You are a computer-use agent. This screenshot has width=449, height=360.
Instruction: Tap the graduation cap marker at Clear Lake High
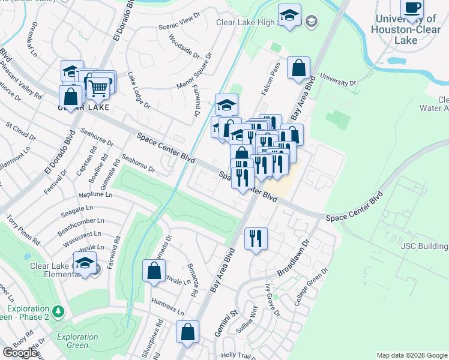[290, 16]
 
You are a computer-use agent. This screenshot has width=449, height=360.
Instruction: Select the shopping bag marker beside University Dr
[298, 68]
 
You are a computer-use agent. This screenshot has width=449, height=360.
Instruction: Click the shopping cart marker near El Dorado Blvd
[98, 88]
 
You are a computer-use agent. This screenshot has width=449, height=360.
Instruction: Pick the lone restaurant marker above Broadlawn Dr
[256, 239]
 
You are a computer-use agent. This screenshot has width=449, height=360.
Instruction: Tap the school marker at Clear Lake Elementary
[85, 264]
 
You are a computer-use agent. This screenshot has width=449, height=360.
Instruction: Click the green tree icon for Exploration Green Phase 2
[58, 311]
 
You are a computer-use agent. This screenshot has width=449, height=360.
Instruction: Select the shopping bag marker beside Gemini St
[188, 332]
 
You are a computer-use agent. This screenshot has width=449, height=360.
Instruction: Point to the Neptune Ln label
[96, 195]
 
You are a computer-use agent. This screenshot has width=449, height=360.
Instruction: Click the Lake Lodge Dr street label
[139, 91]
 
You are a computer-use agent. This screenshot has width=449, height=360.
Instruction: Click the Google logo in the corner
[20, 353]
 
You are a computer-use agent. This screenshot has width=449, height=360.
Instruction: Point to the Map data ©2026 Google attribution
[412, 355]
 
